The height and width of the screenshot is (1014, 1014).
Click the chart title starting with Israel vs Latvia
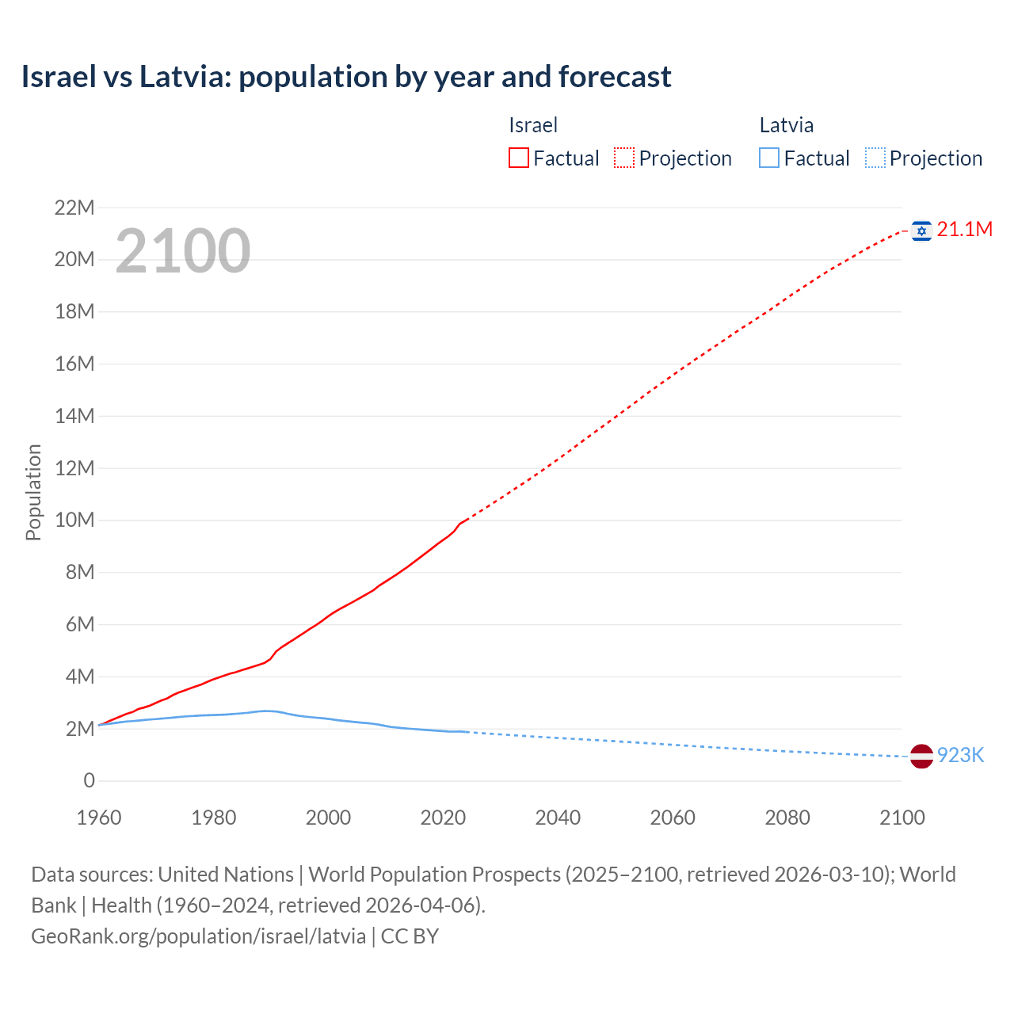pos(346,77)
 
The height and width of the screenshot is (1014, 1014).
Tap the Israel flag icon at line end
pos(921,231)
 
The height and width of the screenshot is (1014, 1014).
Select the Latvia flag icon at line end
pos(921,756)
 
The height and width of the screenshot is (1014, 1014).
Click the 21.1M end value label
pos(964,230)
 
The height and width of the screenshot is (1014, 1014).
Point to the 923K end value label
pos(960,756)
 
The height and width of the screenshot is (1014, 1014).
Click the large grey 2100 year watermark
pos(183,251)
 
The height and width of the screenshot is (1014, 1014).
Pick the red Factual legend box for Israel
pos(519,158)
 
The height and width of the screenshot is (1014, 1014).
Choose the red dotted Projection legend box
pos(624,158)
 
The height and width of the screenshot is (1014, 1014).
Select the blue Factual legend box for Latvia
pos(769,158)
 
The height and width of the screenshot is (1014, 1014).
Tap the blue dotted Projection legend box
pos(875,158)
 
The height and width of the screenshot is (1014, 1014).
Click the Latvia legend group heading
pos(786,125)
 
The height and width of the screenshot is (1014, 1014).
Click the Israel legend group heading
pos(533,125)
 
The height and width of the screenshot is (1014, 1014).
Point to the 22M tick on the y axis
pos(74,208)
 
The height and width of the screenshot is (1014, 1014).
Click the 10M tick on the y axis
pos(74,520)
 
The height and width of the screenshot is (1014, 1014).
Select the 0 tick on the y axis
pos(89,781)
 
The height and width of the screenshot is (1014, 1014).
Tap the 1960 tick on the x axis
pos(99,818)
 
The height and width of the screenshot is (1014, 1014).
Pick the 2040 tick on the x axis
pos(558,818)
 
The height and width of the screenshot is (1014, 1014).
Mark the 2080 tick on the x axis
pos(787,818)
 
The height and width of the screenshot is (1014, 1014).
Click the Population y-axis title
pos(33,492)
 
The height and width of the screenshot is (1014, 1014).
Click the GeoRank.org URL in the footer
pos(199,936)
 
